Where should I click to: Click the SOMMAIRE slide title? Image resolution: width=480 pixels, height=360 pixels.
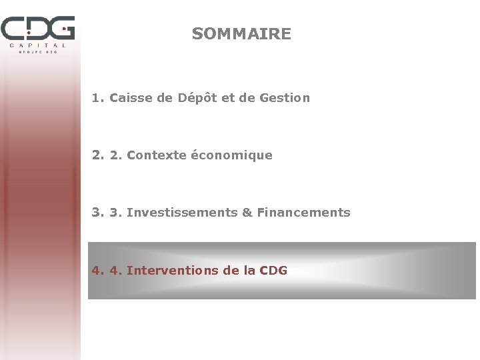click(x=241, y=34)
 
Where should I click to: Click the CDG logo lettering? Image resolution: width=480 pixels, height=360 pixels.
click(x=37, y=29)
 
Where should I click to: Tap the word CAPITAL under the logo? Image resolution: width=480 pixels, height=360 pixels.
click(x=38, y=45)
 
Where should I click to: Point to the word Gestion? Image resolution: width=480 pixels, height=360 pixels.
click(x=285, y=98)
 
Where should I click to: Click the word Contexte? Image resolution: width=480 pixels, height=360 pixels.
click(x=156, y=155)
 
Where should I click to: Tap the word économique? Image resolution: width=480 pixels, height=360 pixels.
click(x=231, y=155)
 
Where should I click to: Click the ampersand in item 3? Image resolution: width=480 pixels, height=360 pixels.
click(x=247, y=213)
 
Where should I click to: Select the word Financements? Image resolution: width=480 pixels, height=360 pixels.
click(x=303, y=213)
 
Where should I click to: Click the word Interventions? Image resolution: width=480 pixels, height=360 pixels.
click(x=172, y=271)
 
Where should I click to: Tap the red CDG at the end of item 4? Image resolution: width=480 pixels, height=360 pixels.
click(x=273, y=271)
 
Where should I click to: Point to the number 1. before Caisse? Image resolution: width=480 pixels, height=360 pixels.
click(x=99, y=98)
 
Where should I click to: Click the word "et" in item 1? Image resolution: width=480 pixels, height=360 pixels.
click(x=228, y=98)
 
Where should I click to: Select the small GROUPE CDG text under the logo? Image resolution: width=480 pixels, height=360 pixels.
click(x=38, y=51)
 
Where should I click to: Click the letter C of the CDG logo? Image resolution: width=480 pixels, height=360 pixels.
click(x=13, y=29)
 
